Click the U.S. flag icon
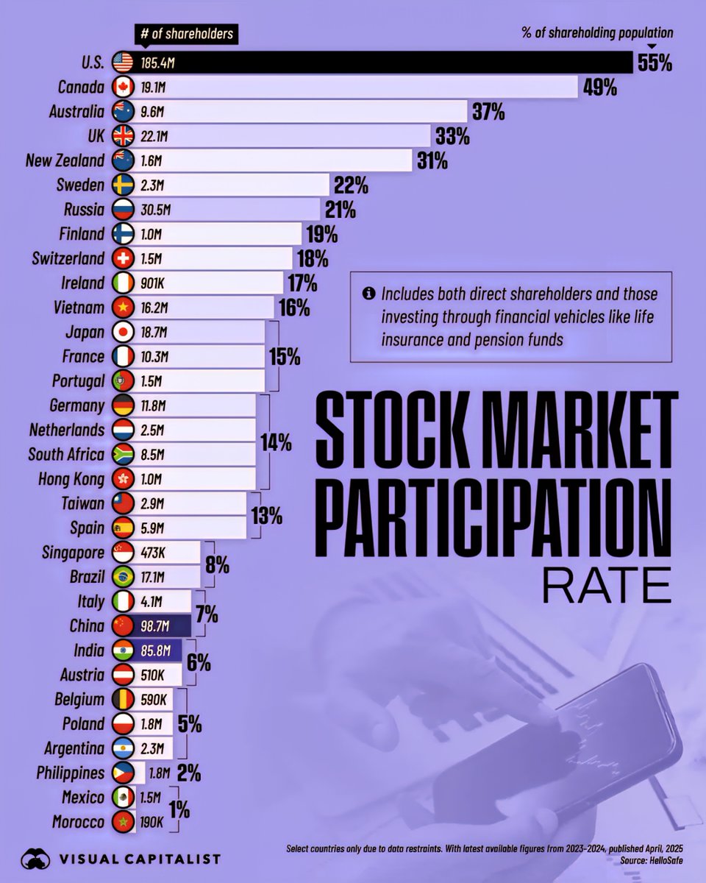tap(122, 63)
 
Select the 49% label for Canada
tap(599, 88)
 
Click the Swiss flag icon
tap(122, 258)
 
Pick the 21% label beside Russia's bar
tap(340, 210)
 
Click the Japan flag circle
tap(122, 332)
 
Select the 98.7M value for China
tap(156, 625)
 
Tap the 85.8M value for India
tap(156, 650)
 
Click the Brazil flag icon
tap(122, 576)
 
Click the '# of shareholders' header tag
tap(188, 34)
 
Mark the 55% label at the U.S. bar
tap(655, 63)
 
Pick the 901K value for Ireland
tap(153, 283)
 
